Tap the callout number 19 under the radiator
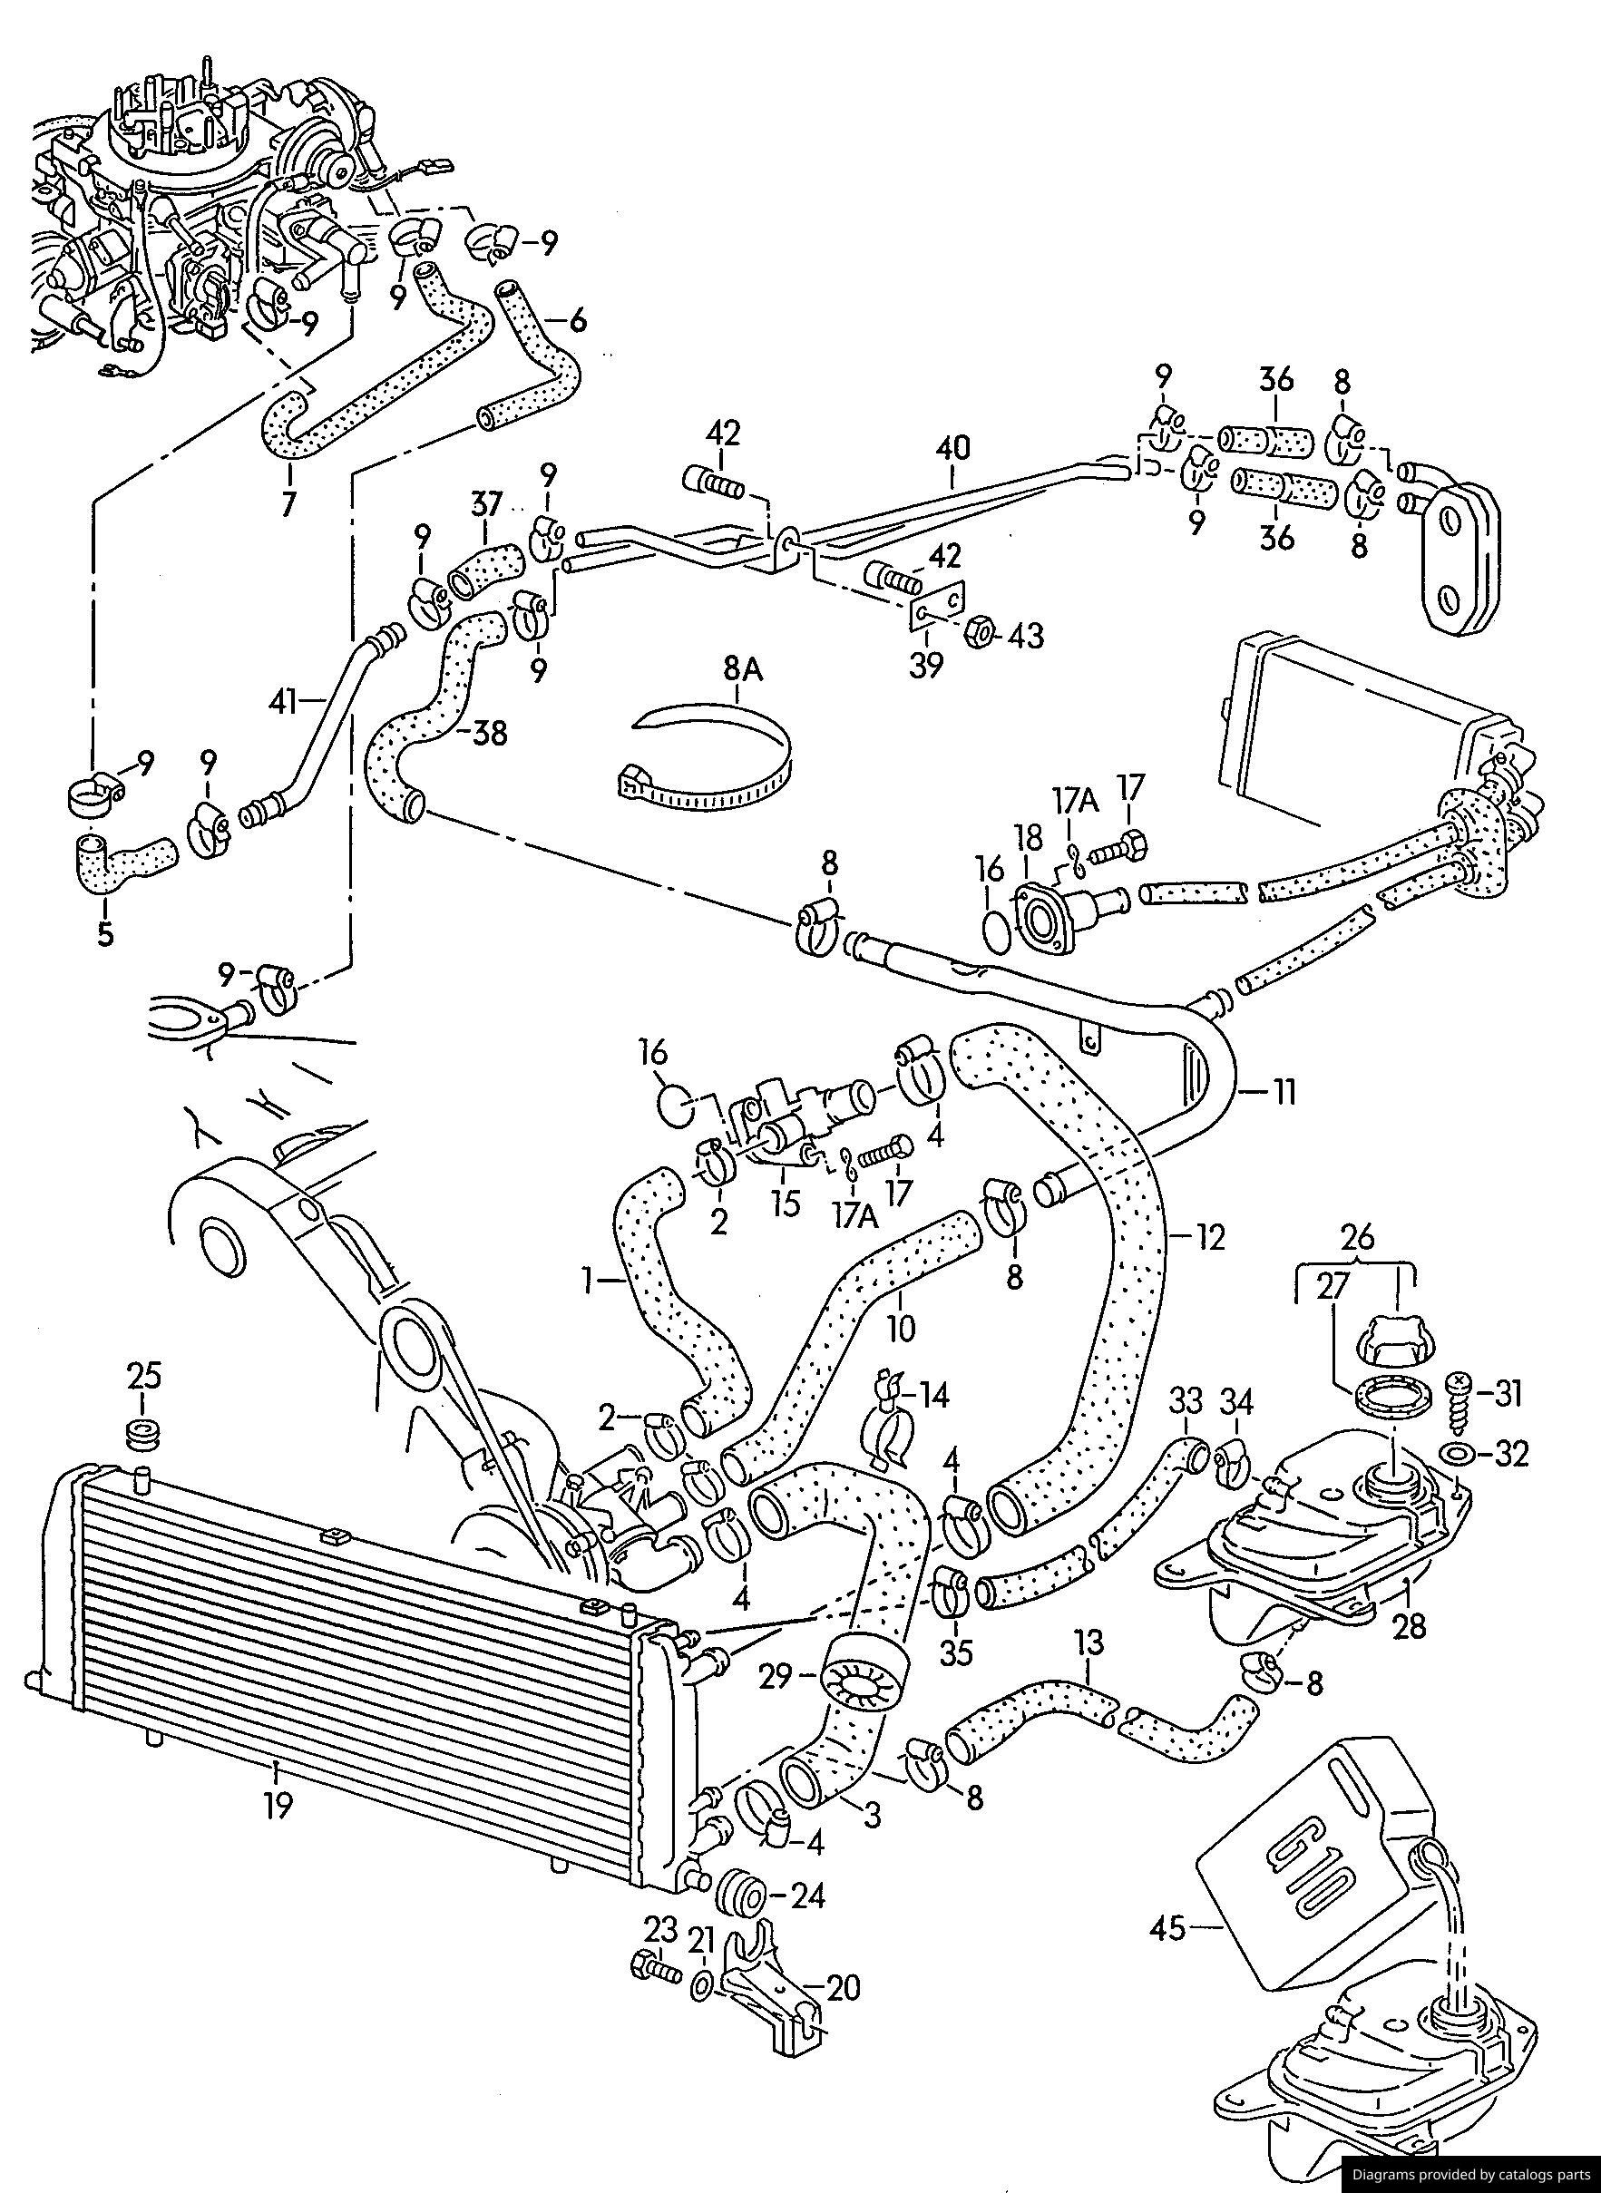tap(278, 1807)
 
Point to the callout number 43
tap(1025, 636)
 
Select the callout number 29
tap(777, 1674)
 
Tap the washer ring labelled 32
tap(1459, 1454)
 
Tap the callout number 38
tap(491, 734)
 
